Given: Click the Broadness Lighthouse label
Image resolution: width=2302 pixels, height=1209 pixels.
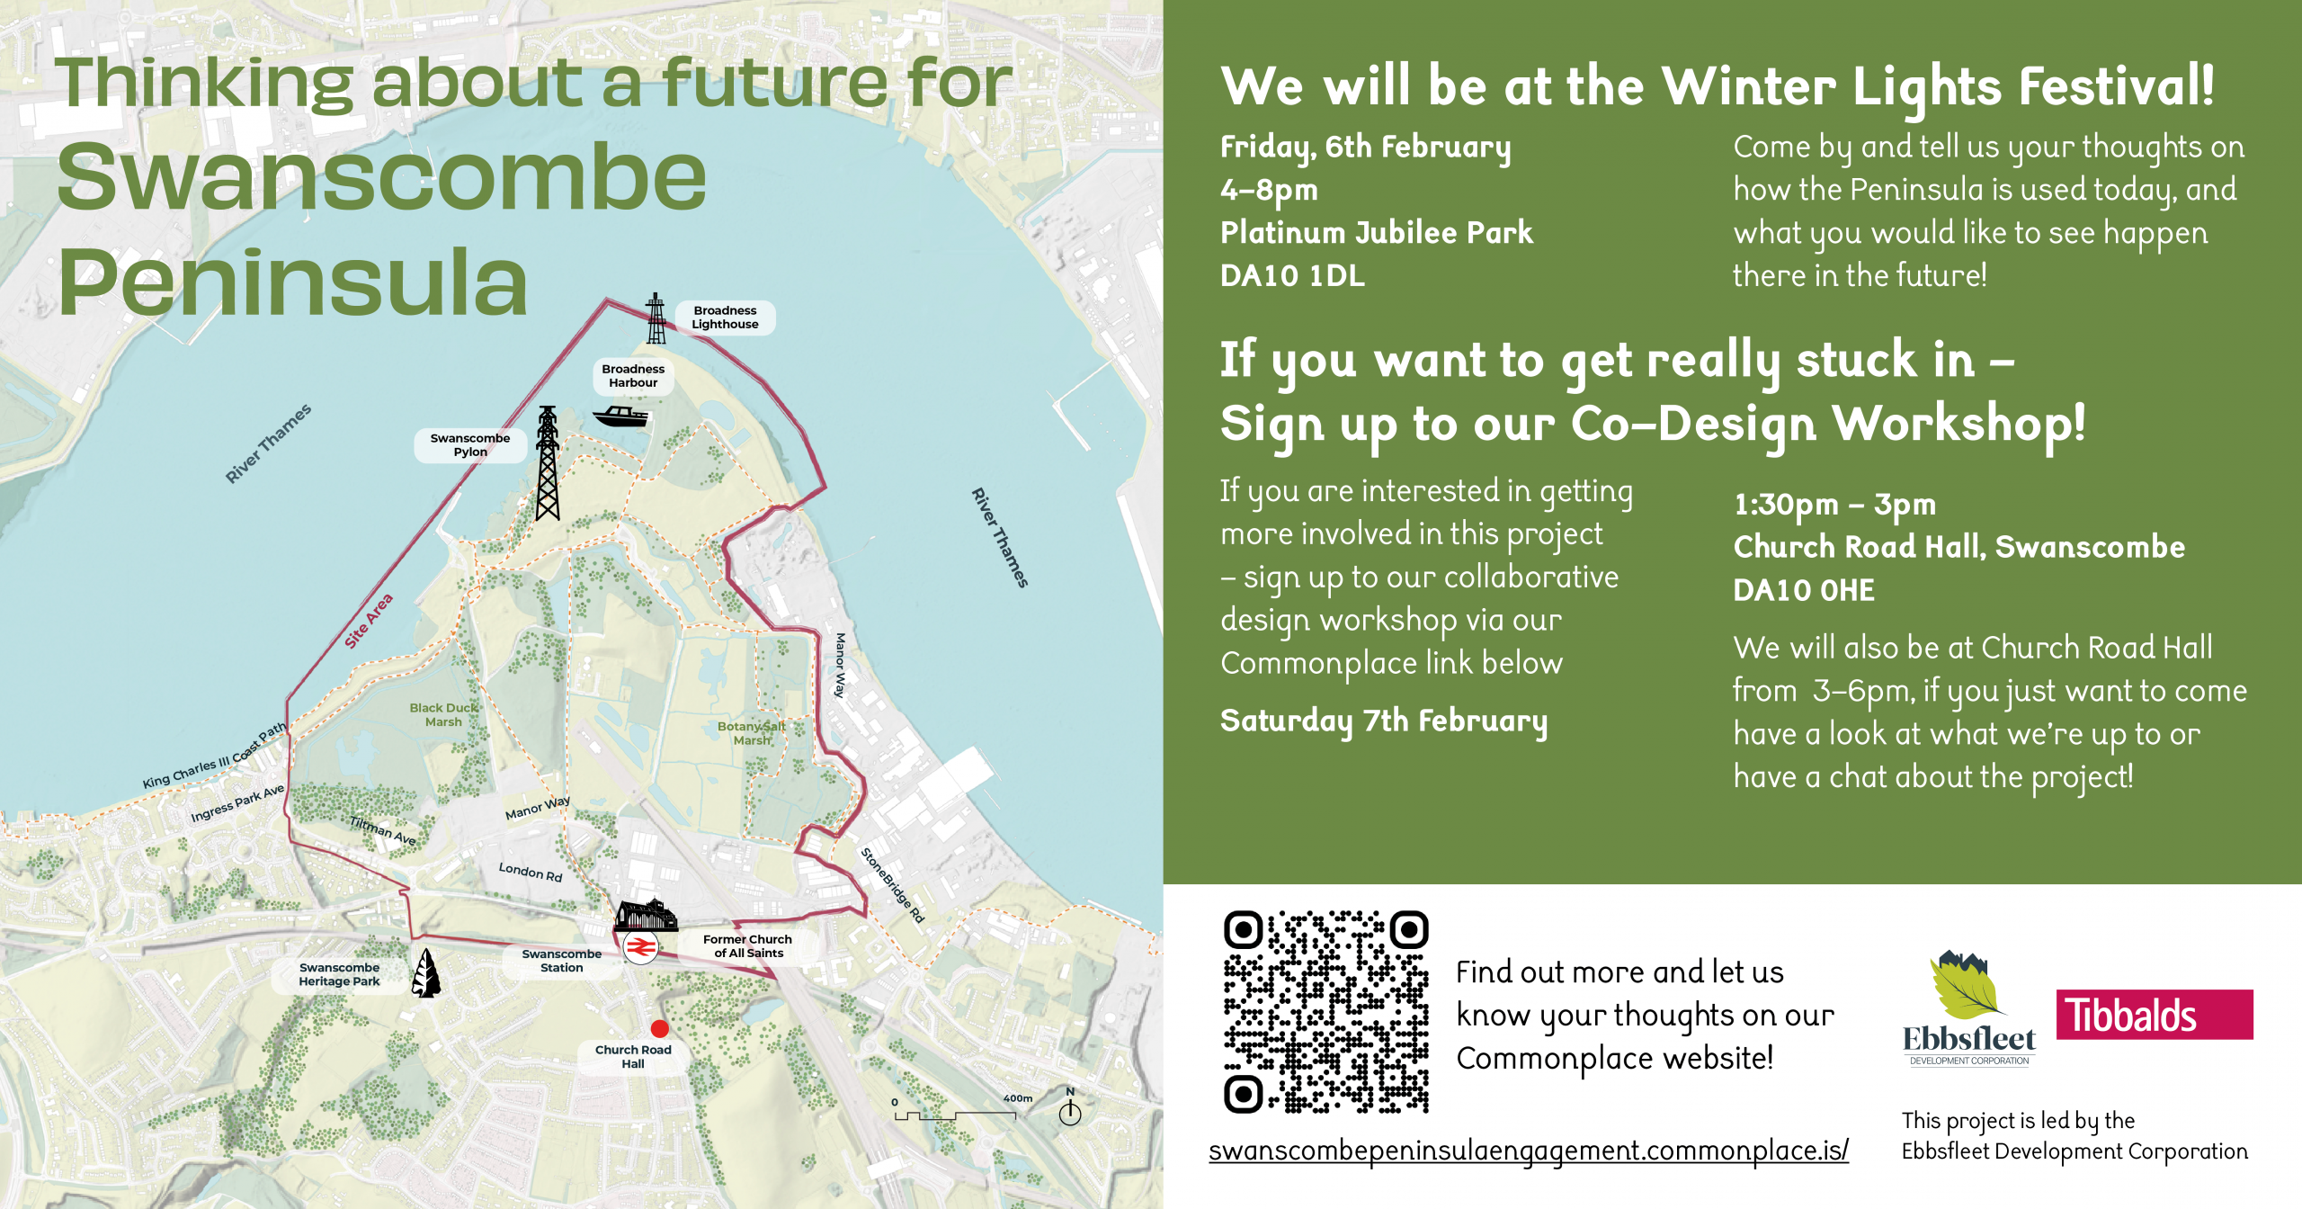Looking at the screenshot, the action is tap(725, 318).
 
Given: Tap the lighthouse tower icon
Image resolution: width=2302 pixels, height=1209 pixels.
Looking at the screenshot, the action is tap(656, 318).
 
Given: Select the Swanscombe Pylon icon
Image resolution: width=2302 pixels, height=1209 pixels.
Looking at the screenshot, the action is tap(548, 463).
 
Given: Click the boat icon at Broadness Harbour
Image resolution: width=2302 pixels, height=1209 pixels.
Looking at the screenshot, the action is tap(620, 416).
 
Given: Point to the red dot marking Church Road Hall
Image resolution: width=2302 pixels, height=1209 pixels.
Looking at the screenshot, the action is tap(660, 1028).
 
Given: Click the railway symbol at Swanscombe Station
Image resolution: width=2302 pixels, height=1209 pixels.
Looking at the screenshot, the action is tap(640, 947).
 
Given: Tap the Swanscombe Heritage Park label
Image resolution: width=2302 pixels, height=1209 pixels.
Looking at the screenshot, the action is tap(340, 974).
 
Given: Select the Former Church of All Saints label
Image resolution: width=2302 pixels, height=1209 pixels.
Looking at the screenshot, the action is tap(748, 945).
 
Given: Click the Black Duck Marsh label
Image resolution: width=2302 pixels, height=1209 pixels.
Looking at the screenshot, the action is tap(443, 714).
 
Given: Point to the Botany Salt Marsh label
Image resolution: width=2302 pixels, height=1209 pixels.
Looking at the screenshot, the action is tap(752, 733).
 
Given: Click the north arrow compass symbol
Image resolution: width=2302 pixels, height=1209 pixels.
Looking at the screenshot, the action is tap(1070, 1107).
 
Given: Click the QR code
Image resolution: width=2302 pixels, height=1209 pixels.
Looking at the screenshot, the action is tap(1326, 1012).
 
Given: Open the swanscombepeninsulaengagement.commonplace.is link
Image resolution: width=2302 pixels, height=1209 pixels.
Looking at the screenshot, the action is tap(1529, 1151).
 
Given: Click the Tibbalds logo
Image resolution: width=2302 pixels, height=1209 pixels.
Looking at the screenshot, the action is tap(2155, 1015).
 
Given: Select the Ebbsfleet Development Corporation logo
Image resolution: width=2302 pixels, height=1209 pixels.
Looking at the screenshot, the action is tap(1969, 1007).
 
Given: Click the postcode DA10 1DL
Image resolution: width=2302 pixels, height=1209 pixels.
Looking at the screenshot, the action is tap(1292, 275).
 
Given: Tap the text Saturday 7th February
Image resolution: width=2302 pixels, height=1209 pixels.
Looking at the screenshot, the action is tap(1384, 721).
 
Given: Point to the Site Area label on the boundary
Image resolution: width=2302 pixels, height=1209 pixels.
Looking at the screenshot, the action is tap(369, 621).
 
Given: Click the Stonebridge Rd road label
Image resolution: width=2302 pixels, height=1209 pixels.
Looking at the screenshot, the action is tap(892, 884).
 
